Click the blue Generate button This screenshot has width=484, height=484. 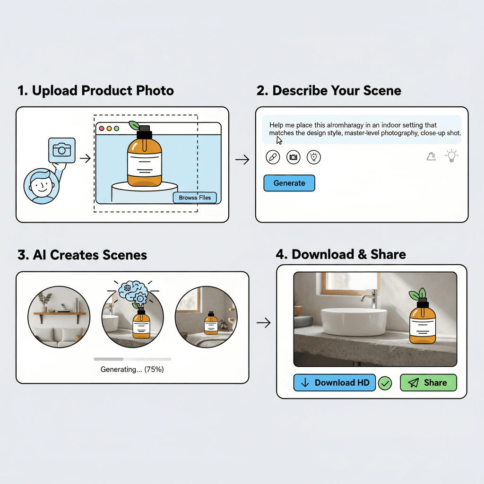pyautogui.click(x=289, y=183)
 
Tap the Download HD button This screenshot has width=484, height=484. pyautogui.click(x=334, y=383)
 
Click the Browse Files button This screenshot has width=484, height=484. pyautogui.click(x=195, y=198)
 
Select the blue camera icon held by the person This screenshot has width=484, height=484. pyautogui.click(x=61, y=150)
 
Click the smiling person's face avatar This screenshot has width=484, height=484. pyautogui.click(x=41, y=186)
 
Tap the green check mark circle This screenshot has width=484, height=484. pyautogui.click(x=385, y=383)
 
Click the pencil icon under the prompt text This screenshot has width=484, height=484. pyautogui.click(x=273, y=157)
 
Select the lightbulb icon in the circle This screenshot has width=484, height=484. pyautogui.click(x=314, y=157)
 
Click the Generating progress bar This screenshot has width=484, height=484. pyautogui.click(x=132, y=359)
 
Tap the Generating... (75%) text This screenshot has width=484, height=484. pyautogui.click(x=132, y=370)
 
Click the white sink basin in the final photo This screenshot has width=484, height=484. pyautogui.click(x=354, y=321)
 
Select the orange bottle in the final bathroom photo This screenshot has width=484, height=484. pyautogui.click(x=423, y=324)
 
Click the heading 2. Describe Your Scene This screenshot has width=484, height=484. pyautogui.click(x=328, y=91)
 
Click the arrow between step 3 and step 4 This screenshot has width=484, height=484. pyautogui.click(x=263, y=323)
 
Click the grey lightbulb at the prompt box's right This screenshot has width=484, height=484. pyautogui.click(x=452, y=156)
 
